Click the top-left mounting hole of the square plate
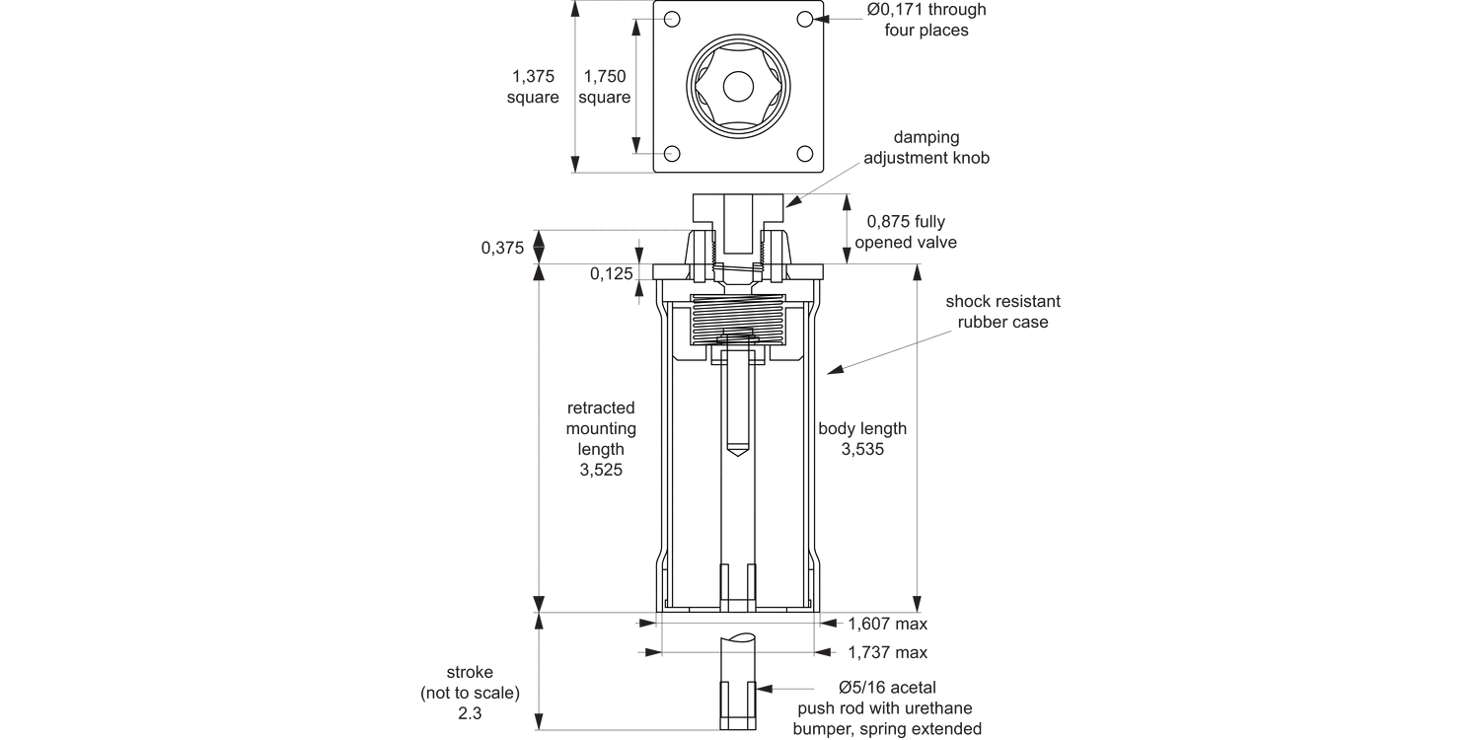(673, 20)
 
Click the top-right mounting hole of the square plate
(805, 20)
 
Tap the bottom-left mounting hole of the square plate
(673, 153)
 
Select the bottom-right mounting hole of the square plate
(805, 153)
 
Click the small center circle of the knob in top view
(738, 87)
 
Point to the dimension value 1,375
(533, 76)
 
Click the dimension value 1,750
(605, 76)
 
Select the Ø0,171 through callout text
(925, 10)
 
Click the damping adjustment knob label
(926, 148)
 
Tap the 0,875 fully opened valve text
(906, 232)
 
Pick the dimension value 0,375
(502, 249)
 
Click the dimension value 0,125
(612, 274)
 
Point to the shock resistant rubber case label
(1002, 312)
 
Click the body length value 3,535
(862, 450)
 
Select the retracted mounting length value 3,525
(601, 471)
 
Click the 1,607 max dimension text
(887, 624)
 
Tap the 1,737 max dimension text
(887, 652)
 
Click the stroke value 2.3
(470, 712)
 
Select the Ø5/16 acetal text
(887, 687)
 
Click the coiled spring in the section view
(738, 320)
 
